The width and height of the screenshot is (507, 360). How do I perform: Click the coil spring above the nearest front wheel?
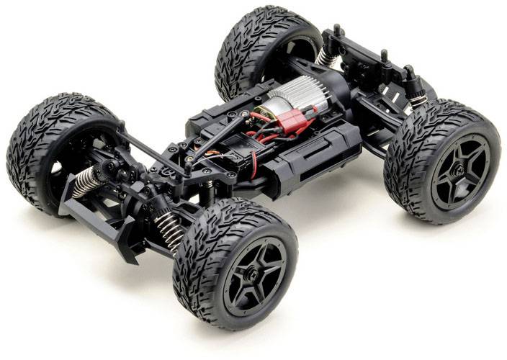171,229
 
